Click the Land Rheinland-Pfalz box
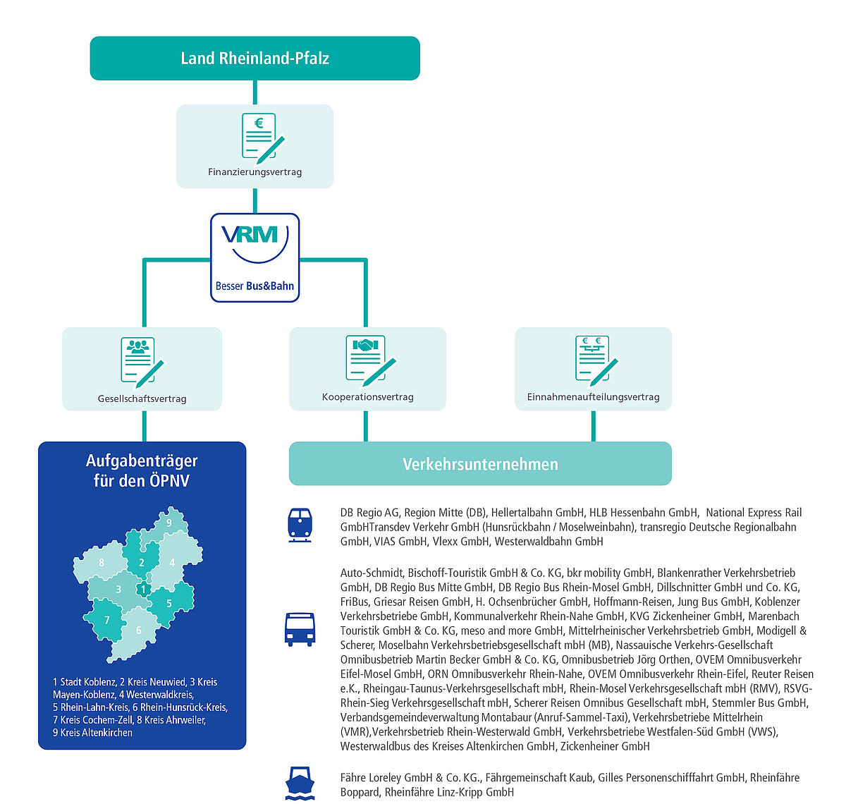255,58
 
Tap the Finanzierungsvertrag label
255,172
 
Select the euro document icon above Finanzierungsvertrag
263,138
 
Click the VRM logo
255,243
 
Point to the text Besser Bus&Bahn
255,286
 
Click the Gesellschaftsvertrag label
142,398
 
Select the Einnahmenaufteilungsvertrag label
593,396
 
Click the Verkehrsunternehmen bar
480,463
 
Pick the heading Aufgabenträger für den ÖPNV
142,470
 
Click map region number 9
169,523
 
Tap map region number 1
143,589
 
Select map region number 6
138,630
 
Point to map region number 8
102,562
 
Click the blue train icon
300,525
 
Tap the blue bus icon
300,629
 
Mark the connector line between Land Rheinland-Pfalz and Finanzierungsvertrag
255,92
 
